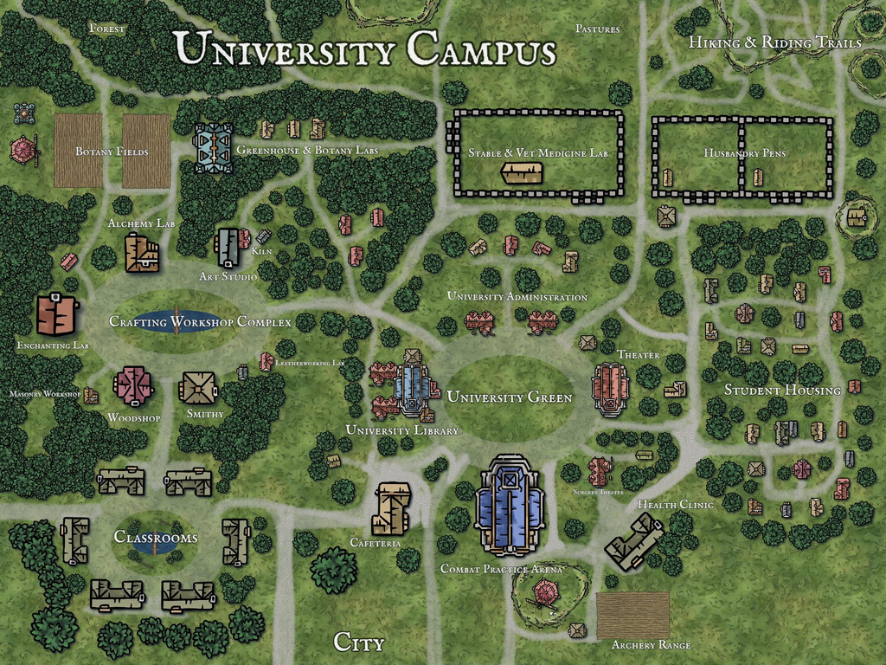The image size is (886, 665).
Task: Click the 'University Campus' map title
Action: pos(364,48)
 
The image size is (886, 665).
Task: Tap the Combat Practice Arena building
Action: pos(510,507)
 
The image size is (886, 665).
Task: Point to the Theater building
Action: pos(611,388)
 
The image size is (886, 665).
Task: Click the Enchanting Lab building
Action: pos(57,314)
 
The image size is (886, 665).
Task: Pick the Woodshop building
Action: pos(133,385)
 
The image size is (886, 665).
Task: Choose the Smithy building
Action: pos(198,388)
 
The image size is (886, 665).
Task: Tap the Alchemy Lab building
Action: pos(141,253)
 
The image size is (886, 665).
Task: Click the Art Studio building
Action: pos(228,248)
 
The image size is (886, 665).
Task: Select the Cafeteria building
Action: pos(389,508)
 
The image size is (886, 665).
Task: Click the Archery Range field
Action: pos(632,615)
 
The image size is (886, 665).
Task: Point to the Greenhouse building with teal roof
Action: pos(213,148)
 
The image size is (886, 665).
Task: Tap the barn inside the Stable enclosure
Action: pos(523,172)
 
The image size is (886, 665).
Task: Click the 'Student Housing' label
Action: pos(782,391)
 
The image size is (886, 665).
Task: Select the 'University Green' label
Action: pos(509,397)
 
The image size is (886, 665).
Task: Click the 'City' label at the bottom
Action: pos(358,642)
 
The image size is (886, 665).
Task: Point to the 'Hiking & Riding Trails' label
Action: pos(774,42)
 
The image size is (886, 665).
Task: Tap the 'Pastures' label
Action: pos(598,29)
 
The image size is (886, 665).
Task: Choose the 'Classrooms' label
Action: pos(156,538)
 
